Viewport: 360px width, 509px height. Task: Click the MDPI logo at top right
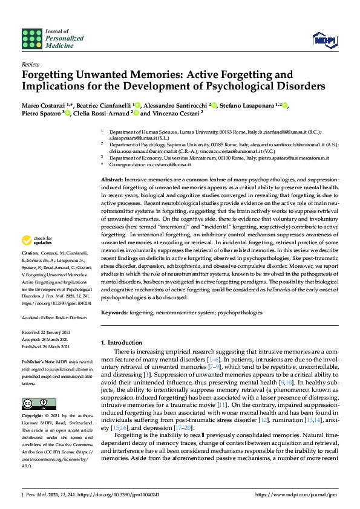324,40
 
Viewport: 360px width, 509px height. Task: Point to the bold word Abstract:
111,180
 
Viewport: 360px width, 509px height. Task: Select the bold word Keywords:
115,313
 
